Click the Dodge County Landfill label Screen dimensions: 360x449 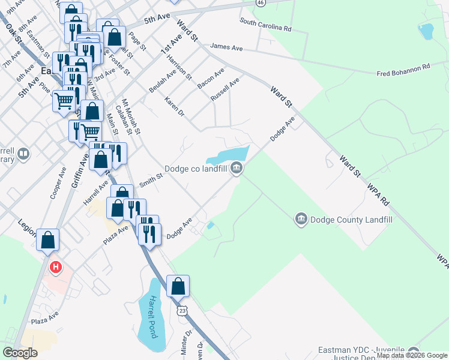point(351,220)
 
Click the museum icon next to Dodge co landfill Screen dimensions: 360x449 point(237,168)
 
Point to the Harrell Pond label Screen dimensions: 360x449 point(154,316)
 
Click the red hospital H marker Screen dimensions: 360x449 point(56,267)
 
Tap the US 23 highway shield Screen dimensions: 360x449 point(181,310)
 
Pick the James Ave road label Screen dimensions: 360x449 point(224,46)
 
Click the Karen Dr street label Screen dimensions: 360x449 point(174,104)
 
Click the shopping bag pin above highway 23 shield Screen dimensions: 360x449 point(178,286)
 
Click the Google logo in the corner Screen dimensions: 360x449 point(20,353)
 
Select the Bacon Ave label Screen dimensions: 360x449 point(211,79)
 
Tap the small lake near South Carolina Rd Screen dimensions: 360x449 point(426,31)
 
